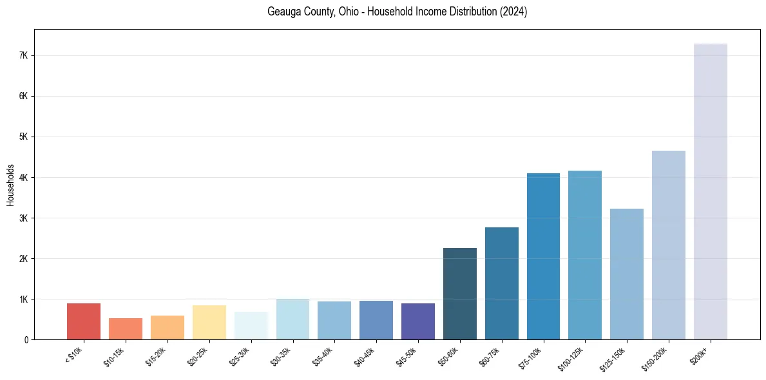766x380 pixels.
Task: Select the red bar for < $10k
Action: [84, 321]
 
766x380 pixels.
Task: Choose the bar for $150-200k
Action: [668, 245]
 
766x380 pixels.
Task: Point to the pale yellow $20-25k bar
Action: [209, 322]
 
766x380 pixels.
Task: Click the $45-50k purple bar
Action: [418, 321]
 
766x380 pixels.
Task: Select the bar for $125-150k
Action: [626, 274]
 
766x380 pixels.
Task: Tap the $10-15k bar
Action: [126, 328]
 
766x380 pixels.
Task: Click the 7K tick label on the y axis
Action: [24, 56]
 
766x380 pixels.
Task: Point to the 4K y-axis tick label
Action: [24, 178]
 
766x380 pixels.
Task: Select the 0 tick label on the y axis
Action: [26, 340]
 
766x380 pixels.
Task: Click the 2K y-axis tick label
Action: [24, 259]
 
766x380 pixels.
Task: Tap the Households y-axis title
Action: [10, 185]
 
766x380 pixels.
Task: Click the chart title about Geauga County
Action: [397, 12]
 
